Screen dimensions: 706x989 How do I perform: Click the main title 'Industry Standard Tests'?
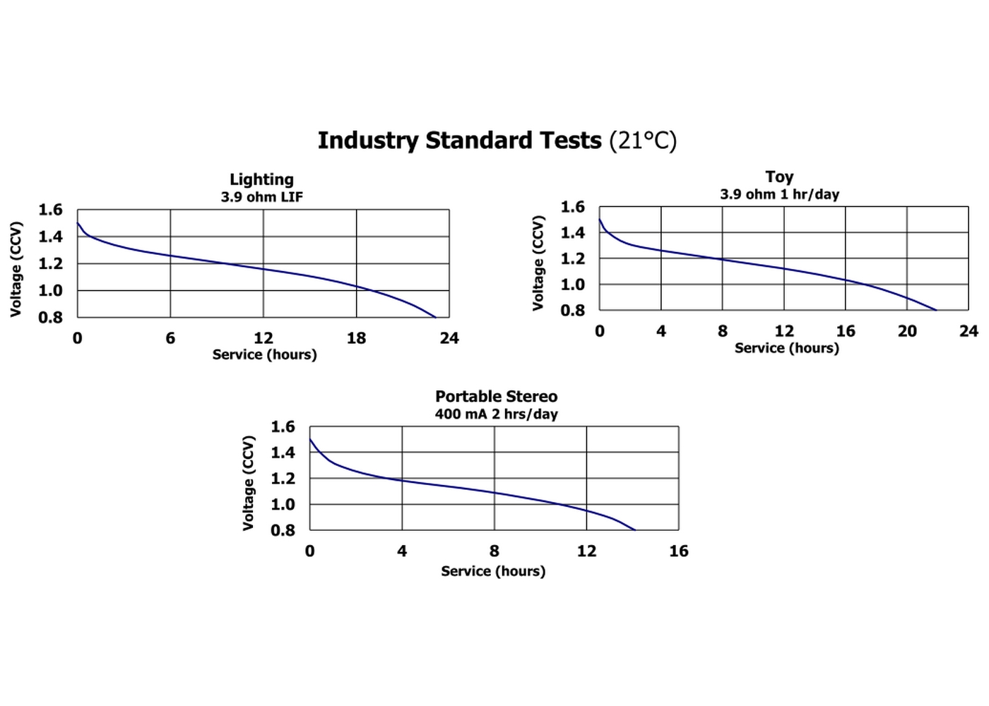pyautogui.click(x=459, y=140)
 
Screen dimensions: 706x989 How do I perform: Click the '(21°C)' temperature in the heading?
pyautogui.click(x=643, y=140)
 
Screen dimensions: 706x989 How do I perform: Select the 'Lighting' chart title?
pyautogui.click(x=261, y=179)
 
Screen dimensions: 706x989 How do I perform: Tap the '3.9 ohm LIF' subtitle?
pyautogui.click(x=261, y=197)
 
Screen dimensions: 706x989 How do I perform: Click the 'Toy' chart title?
pyautogui.click(x=779, y=176)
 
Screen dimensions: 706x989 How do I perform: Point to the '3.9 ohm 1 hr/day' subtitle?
pyautogui.click(x=779, y=194)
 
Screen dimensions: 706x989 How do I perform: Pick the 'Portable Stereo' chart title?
pyautogui.click(x=496, y=396)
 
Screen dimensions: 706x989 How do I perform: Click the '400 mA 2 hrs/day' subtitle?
pyautogui.click(x=496, y=414)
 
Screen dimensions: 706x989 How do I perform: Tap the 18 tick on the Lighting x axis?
pyautogui.click(x=356, y=338)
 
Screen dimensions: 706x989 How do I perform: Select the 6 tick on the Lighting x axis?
pyautogui.click(x=170, y=338)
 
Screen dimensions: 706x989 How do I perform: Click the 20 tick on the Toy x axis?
pyautogui.click(x=907, y=331)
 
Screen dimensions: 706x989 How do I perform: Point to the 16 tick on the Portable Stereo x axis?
pyautogui.click(x=678, y=551)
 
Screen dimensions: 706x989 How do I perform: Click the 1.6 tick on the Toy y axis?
pyautogui.click(x=573, y=207)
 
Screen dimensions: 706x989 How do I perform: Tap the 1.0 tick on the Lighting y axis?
pyautogui.click(x=50, y=290)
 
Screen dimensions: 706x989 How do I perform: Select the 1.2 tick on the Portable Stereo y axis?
pyautogui.click(x=283, y=479)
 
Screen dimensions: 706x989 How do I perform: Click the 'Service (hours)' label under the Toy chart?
pyautogui.click(x=786, y=348)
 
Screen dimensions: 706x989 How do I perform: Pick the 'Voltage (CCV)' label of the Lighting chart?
pyautogui.click(x=16, y=269)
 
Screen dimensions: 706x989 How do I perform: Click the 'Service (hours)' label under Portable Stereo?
pyautogui.click(x=493, y=571)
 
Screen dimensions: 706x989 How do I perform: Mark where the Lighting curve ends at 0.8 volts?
pyautogui.click(x=436, y=317)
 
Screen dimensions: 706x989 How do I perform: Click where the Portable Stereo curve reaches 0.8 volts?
pyautogui.click(x=634, y=529)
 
